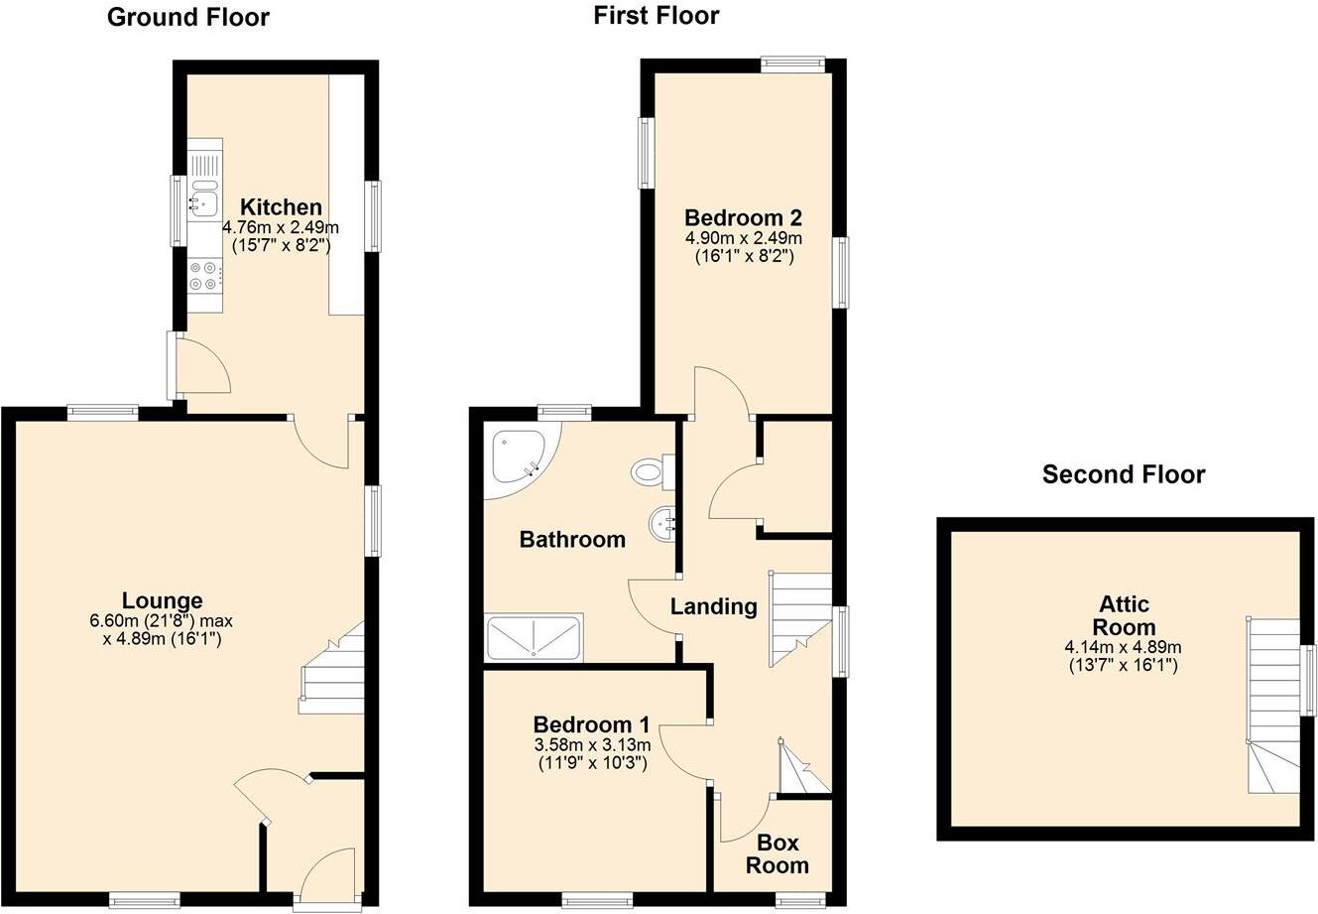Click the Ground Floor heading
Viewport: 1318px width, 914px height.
[187, 17]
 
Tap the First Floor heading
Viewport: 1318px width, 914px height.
[656, 15]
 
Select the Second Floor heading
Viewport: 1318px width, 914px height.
[1123, 474]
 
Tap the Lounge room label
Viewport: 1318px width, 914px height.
[162, 600]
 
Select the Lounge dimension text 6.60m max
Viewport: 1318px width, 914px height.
[161, 621]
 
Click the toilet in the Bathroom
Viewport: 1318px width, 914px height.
[650, 470]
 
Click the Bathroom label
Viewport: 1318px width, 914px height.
[572, 540]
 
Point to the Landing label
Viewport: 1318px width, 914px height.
[713, 606]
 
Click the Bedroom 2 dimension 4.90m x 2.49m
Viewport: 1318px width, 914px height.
[743, 238]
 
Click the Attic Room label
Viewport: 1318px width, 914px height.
[1126, 615]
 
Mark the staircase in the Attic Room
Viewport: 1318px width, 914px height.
[1273, 705]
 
